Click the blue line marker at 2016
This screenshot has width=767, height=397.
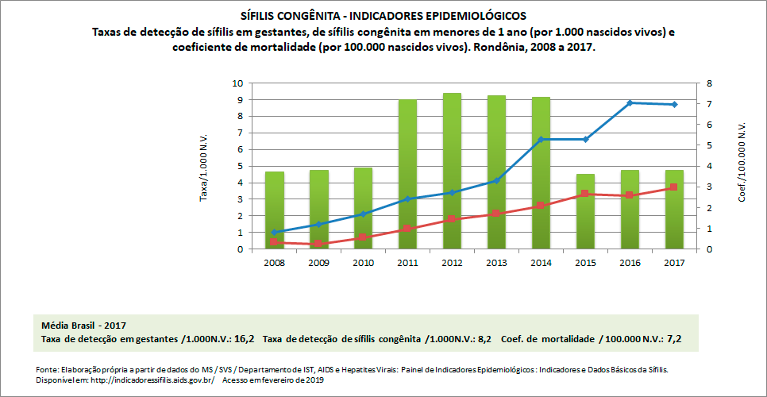coord(630,102)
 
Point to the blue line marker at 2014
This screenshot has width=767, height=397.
coord(541,140)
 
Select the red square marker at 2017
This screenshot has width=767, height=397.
coord(674,187)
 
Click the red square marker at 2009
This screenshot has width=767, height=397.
coord(318,244)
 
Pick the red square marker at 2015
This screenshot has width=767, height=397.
coord(585,194)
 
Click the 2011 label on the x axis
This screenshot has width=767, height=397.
coord(407,262)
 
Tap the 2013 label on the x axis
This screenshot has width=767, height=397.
coord(496,262)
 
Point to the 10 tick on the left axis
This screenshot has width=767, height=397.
coord(237,83)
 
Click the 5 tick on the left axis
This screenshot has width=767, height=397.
coord(239,166)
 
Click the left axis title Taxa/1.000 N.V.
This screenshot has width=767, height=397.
coord(202,166)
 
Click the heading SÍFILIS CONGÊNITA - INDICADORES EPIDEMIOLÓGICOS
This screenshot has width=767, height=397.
coord(383,16)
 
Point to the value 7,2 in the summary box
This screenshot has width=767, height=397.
coord(675,339)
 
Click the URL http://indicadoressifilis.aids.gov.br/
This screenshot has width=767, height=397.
coord(150,380)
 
